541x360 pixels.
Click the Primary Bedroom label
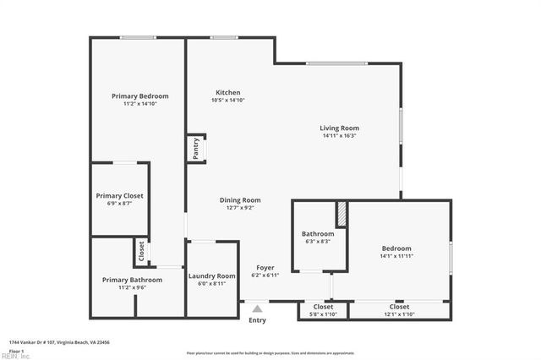[139, 96]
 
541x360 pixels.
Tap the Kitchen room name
[227, 93]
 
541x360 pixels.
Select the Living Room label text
[339, 128]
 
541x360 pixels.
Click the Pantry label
[196, 149]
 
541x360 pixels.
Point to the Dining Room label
[240, 200]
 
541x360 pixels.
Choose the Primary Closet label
[119, 196]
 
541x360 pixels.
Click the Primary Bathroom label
[132, 280]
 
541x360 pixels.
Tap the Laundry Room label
[211, 276]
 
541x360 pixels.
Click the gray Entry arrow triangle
[257, 309]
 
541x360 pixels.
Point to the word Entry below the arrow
[257, 320]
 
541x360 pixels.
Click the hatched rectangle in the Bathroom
[342, 214]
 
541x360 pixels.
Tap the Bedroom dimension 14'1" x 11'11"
[396, 256]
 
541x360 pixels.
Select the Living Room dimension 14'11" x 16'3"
[339, 136]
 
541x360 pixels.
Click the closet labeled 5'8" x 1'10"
[323, 310]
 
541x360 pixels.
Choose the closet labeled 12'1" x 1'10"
[399, 310]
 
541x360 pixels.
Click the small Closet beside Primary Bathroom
[140, 252]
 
